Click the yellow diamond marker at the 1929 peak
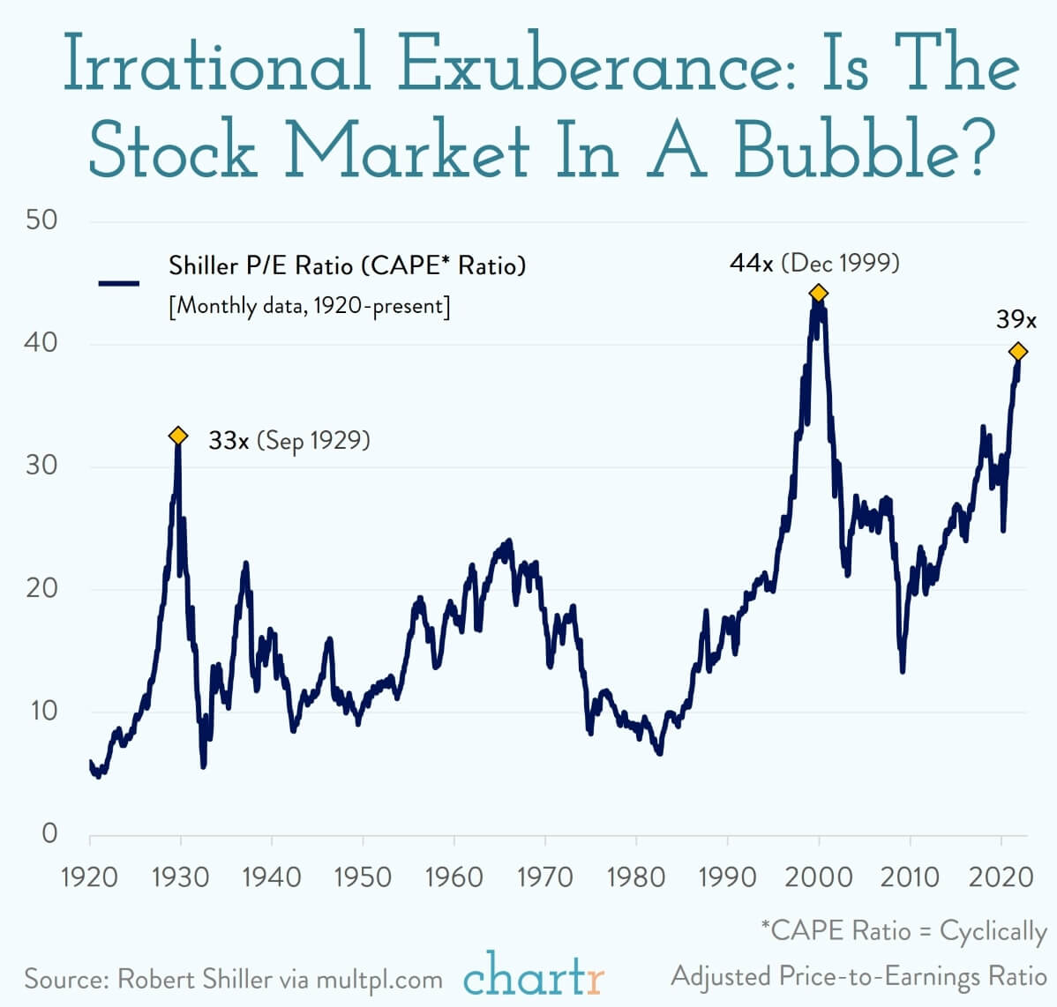(x=178, y=436)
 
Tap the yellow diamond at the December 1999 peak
(x=818, y=293)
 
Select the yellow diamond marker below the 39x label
(x=1018, y=352)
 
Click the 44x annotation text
(x=752, y=263)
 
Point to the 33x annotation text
(x=229, y=440)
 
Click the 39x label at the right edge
(x=1016, y=319)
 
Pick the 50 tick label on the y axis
(x=41, y=220)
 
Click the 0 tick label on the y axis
(x=49, y=832)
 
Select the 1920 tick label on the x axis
(x=90, y=876)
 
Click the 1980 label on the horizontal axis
(x=636, y=876)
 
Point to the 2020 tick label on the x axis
(x=1001, y=876)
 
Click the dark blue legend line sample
(x=119, y=283)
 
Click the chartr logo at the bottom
(x=534, y=975)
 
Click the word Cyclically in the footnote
(x=993, y=931)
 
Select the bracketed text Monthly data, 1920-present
(x=309, y=306)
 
